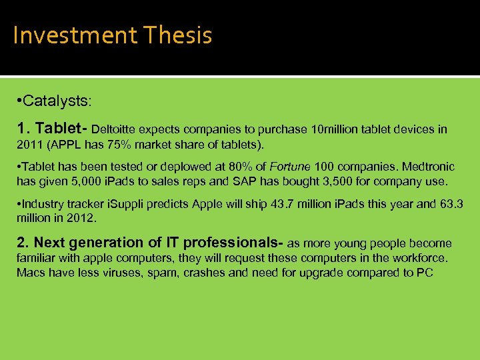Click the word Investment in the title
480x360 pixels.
(64, 35)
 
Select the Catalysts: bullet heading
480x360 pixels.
(59, 102)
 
